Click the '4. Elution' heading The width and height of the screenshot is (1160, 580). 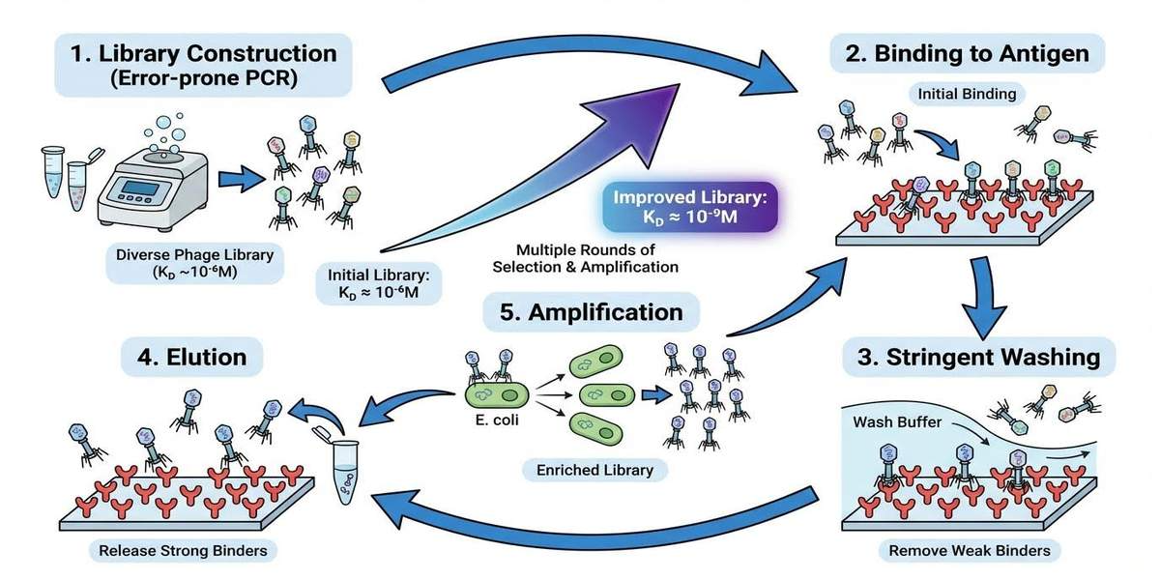[x=185, y=357]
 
